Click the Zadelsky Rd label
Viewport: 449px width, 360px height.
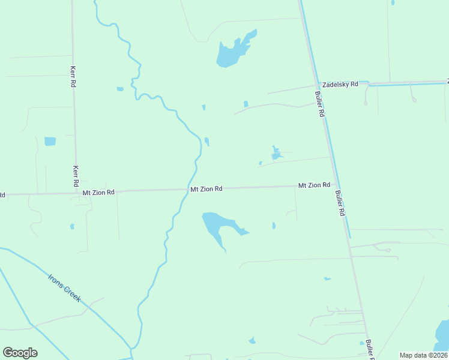tap(340, 85)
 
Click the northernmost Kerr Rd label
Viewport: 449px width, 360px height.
tap(73, 77)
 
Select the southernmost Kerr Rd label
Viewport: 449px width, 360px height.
tap(76, 176)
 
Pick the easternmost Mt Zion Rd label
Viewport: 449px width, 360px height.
tap(314, 185)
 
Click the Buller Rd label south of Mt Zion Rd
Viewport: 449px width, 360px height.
tap(340, 203)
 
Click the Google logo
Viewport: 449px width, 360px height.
tap(20, 353)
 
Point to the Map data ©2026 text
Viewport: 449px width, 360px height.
tap(424, 355)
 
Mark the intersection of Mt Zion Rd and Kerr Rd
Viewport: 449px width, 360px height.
tap(77, 193)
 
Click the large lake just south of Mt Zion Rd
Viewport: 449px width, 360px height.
tap(215, 226)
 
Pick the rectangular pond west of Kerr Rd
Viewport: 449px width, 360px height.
tap(50, 142)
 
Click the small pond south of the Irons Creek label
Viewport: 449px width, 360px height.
tap(252, 341)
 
